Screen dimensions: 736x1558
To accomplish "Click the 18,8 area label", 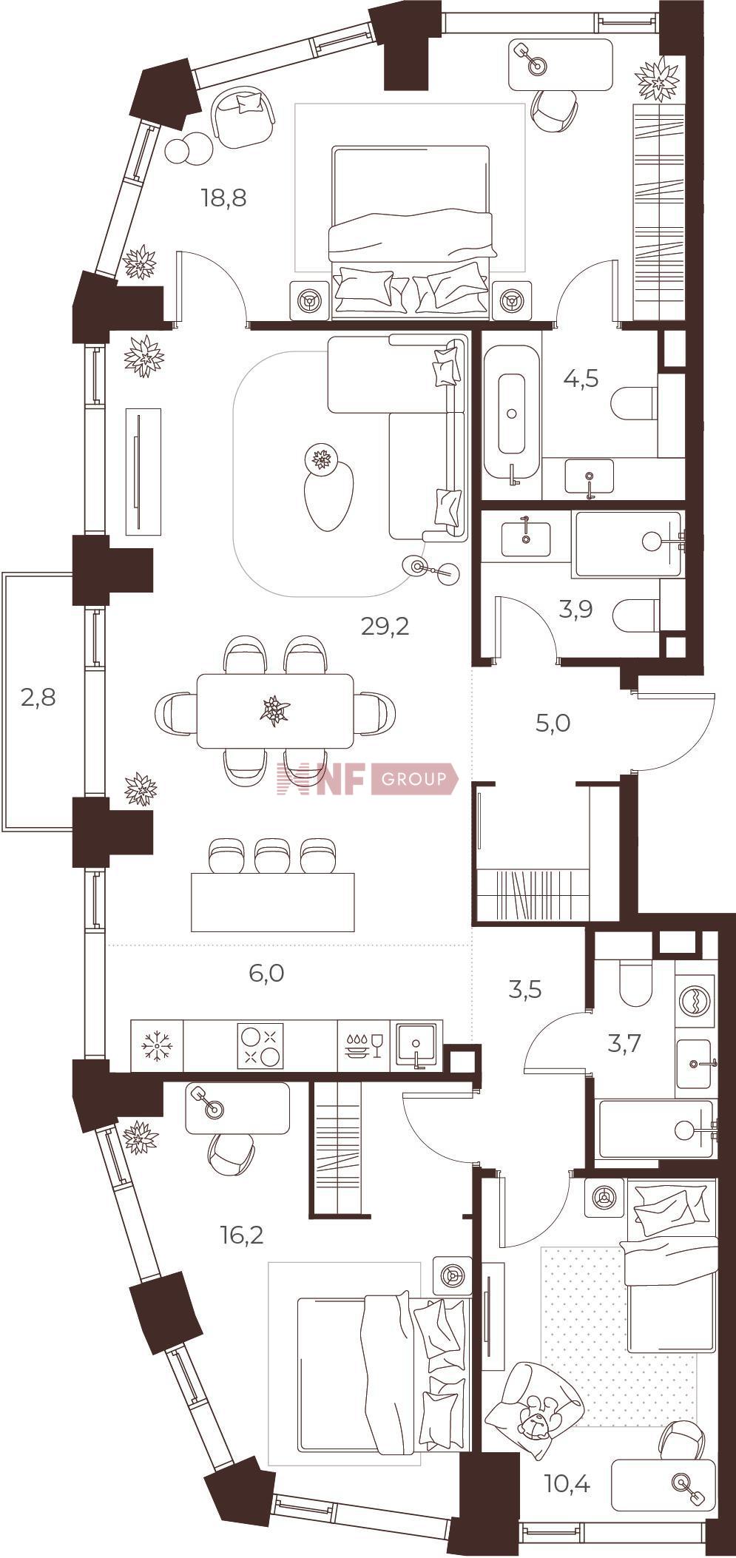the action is pyautogui.click(x=223, y=198).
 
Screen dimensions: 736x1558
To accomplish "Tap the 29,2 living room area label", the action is pyautogui.click(x=385, y=627).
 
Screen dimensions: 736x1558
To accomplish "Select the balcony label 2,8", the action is pyautogui.click(x=38, y=697).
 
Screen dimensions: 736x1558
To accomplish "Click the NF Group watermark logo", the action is pyautogui.click(x=367, y=778).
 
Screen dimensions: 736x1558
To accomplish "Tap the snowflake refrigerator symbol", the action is pyautogui.click(x=157, y=1045).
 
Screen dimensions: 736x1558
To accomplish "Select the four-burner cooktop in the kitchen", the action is pyautogui.click(x=260, y=1045).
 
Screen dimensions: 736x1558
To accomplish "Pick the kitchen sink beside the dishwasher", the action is pyautogui.click(x=418, y=1045).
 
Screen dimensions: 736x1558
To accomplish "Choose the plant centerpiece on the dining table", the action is pyautogui.click(x=275, y=710).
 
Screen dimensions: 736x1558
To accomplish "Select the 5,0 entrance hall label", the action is pyautogui.click(x=553, y=723).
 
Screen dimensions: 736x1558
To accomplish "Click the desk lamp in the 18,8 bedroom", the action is pyautogui.click(x=530, y=58).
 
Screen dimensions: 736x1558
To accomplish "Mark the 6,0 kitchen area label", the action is pyautogui.click(x=267, y=973).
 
